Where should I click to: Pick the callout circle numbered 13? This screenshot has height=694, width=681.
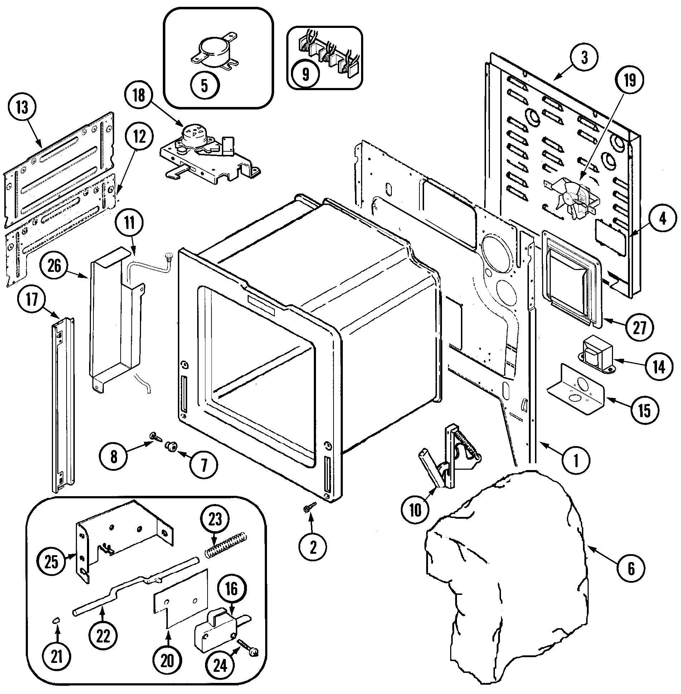[22, 108]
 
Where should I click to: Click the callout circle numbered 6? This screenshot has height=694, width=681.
[631, 567]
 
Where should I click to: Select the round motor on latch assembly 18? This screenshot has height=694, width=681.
[193, 132]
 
